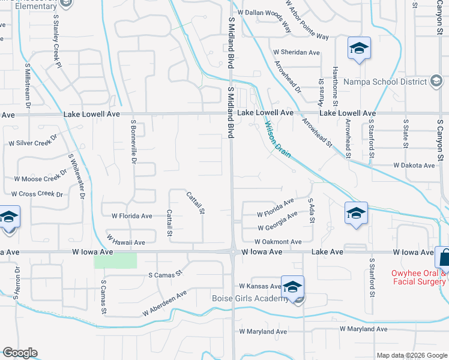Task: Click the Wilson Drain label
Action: pos(279,140)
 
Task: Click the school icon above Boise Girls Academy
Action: pos(292,288)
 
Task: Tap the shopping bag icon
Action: pos(445,258)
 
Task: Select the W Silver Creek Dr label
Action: pos(32,143)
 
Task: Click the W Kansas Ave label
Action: pos(260,287)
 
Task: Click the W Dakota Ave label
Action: pos(414,165)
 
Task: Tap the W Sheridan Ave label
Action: pos(296,53)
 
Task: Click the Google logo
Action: pos(20,352)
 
